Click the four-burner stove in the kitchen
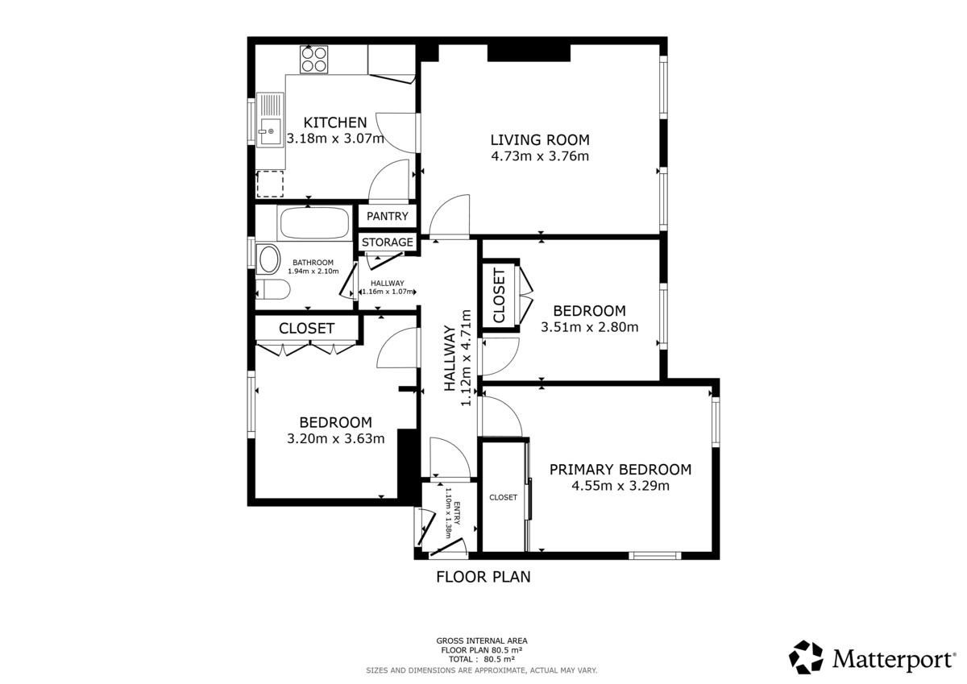coord(313,60)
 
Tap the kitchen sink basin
coord(270,131)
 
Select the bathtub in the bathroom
coord(314,223)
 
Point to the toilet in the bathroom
coord(273,289)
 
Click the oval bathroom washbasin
coord(268,259)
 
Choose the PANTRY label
coord(388,216)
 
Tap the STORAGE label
coord(388,242)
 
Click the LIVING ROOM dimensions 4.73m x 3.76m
coord(540,155)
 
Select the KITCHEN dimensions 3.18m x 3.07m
coord(335,139)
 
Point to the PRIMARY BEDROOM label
coord(620,470)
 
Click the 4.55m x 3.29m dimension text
coord(620,486)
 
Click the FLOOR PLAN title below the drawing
coord(483,577)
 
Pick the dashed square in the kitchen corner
coord(270,184)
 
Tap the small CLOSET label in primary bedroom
coord(503,498)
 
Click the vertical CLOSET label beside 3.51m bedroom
coord(499,295)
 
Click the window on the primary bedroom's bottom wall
coord(654,555)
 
